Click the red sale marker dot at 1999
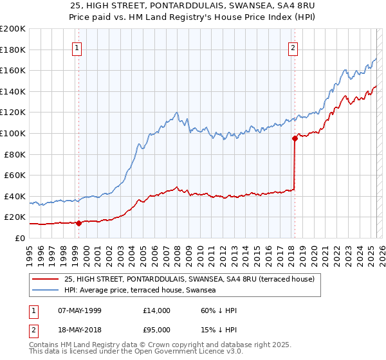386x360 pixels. coord(78,223)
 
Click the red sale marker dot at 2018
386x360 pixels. coord(295,138)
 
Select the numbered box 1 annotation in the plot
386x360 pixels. coord(77,47)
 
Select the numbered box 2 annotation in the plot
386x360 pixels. coord(293,47)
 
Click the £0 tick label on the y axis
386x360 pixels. coord(19,238)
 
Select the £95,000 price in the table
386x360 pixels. coord(157,330)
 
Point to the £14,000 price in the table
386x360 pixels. coord(157,310)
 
